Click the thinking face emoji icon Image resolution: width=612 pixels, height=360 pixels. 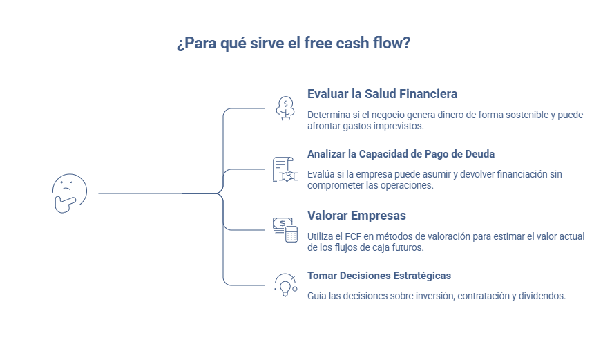69,193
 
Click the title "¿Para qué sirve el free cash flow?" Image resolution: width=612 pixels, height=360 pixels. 294,44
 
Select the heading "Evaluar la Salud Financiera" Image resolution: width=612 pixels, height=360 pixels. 382,93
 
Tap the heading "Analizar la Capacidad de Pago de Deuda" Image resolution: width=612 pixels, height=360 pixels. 401,153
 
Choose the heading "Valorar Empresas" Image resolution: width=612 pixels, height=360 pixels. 356,215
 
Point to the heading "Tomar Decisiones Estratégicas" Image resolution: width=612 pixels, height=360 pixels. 379,275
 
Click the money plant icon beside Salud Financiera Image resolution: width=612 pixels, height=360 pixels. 285,108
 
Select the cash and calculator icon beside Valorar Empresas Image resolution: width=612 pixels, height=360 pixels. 285,229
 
